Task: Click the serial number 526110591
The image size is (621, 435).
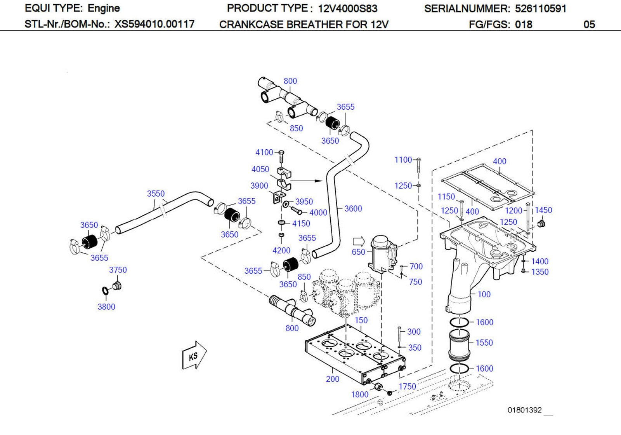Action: (540, 9)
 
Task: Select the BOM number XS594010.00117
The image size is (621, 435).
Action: (154, 24)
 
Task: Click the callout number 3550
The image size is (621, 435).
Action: (156, 194)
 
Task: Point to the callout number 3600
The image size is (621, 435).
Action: (353, 209)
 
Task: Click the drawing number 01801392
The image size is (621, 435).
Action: (524, 410)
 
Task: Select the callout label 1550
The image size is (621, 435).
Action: (484, 343)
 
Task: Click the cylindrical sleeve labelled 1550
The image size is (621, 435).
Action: (459, 344)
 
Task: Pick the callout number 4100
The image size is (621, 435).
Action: (264, 152)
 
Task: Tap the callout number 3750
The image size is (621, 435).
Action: (118, 270)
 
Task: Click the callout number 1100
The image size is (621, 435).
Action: (403, 160)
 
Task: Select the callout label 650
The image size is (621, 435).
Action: (358, 252)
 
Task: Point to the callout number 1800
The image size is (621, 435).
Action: (359, 395)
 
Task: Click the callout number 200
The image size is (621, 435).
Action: (332, 379)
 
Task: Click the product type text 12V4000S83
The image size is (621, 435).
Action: (347, 9)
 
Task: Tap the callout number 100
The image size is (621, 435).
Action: (484, 294)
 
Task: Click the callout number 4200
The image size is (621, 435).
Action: (281, 251)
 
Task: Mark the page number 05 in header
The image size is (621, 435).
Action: (589, 24)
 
